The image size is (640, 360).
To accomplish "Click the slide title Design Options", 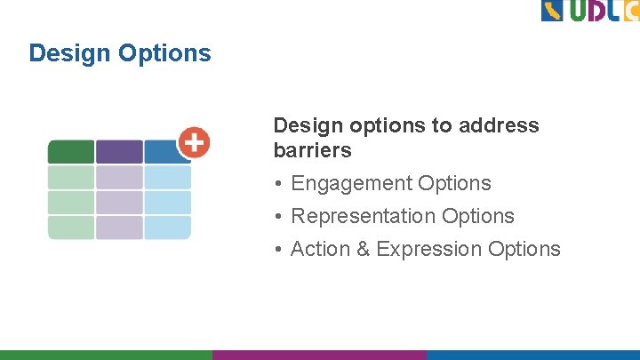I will tap(120, 53).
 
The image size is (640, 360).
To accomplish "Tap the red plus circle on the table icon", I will tap(194, 142).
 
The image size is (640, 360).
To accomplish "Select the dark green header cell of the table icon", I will tap(71, 152).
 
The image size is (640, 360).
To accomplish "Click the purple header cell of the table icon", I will tap(119, 152).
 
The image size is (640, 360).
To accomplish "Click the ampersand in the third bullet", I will tap(363, 249).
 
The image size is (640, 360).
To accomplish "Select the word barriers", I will tap(313, 150).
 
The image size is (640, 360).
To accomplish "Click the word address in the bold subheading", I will tap(498, 125).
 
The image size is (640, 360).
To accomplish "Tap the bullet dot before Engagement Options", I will tap(278, 184).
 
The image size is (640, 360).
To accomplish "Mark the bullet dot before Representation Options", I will tap(278, 217).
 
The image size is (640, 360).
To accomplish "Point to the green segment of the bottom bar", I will tap(106, 354).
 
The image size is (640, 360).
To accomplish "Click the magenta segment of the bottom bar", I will tap(319, 354).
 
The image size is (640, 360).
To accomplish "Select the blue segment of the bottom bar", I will tap(532, 354).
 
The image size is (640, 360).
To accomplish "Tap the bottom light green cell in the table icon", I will tap(71, 228).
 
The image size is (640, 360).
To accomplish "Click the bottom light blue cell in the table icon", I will tap(167, 228).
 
